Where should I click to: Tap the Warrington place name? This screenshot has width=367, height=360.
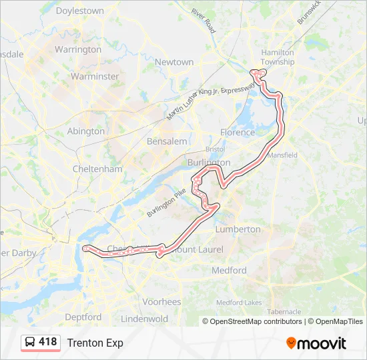(78, 49)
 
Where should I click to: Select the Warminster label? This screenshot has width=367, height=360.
(95, 76)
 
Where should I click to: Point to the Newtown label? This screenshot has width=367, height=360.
(174, 62)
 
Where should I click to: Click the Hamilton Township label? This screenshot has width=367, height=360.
(278, 57)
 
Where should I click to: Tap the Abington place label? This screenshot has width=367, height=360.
(86, 131)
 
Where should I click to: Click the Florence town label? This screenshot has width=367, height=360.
(238, 132)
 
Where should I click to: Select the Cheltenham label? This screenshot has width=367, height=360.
(97, 169)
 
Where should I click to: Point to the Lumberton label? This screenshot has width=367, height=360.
(238, 229)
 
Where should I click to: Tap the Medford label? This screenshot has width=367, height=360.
(229, 271)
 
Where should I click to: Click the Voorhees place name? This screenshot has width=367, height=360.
(161, 301)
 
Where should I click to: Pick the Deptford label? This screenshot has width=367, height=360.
(83, 317)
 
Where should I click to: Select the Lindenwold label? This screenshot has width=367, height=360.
(145, 319)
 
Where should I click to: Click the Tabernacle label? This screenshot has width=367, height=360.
(284, 311)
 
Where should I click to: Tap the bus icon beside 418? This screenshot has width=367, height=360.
(31, 343)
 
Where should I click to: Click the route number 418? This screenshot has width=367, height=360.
(48, 342)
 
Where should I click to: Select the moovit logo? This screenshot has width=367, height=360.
(316, 343)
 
